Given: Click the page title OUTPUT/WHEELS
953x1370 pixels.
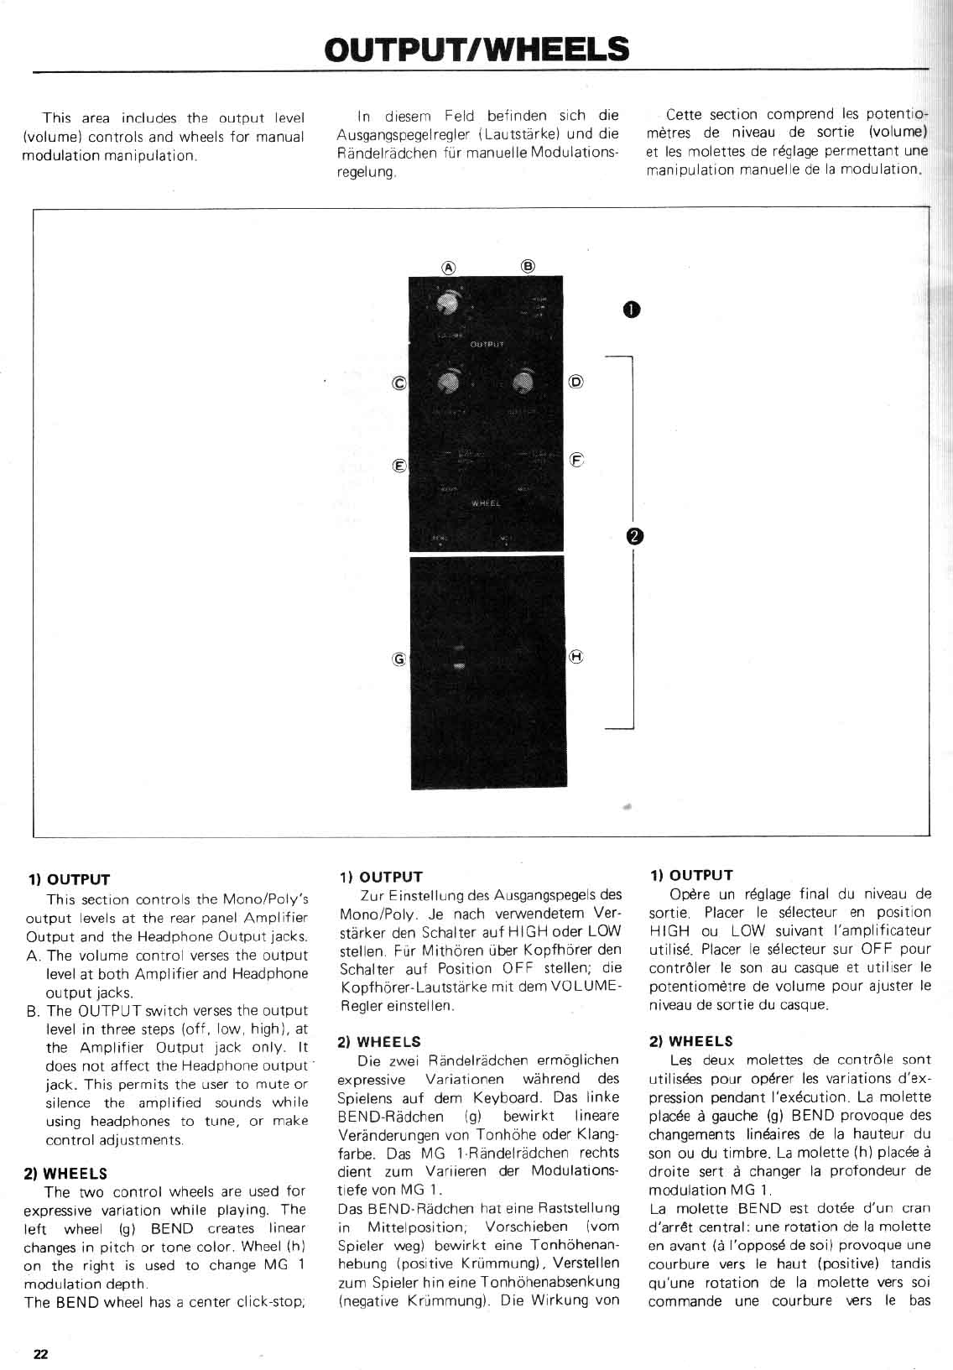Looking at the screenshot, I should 476,49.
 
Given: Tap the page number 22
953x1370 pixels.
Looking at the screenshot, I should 41,1353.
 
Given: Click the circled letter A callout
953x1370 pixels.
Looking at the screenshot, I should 449,267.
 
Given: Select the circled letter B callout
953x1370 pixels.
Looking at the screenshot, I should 528,266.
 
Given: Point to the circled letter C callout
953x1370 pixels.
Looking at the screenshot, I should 399,383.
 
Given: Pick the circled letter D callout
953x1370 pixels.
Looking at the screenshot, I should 575,382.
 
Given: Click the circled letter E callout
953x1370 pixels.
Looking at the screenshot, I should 399,465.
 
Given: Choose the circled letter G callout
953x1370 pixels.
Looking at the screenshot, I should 399,659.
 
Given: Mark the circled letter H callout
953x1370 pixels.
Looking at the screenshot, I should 576,657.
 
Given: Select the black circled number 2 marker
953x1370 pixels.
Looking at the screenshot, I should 634,535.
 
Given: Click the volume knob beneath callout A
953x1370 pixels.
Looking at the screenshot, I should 448,304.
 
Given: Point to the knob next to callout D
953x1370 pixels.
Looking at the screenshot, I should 523,382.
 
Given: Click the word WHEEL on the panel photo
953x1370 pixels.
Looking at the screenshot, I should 486,503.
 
